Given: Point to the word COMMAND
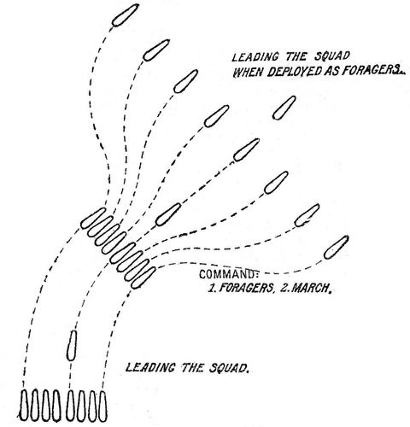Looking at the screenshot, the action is point(229,274).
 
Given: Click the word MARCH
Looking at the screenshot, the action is point(312,288).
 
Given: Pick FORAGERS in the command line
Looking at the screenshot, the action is point(246,288).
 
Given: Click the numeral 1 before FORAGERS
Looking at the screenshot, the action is point(211,289).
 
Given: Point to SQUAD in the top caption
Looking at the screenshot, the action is point(331,56).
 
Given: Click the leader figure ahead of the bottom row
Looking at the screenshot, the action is point(72,345).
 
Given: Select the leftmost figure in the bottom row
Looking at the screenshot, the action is point(24,405).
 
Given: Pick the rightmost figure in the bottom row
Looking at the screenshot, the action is point(102,407).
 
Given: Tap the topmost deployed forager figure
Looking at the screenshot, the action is point(126,15).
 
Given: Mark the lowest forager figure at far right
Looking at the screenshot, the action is point(337,248).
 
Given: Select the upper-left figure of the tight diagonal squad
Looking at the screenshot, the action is point(93,218).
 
